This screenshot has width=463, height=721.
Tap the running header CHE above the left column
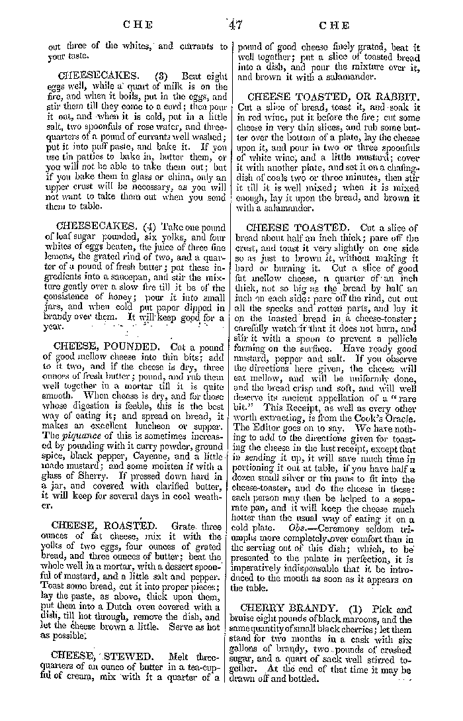[138, 26]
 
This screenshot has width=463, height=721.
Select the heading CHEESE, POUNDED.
[106, 346]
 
